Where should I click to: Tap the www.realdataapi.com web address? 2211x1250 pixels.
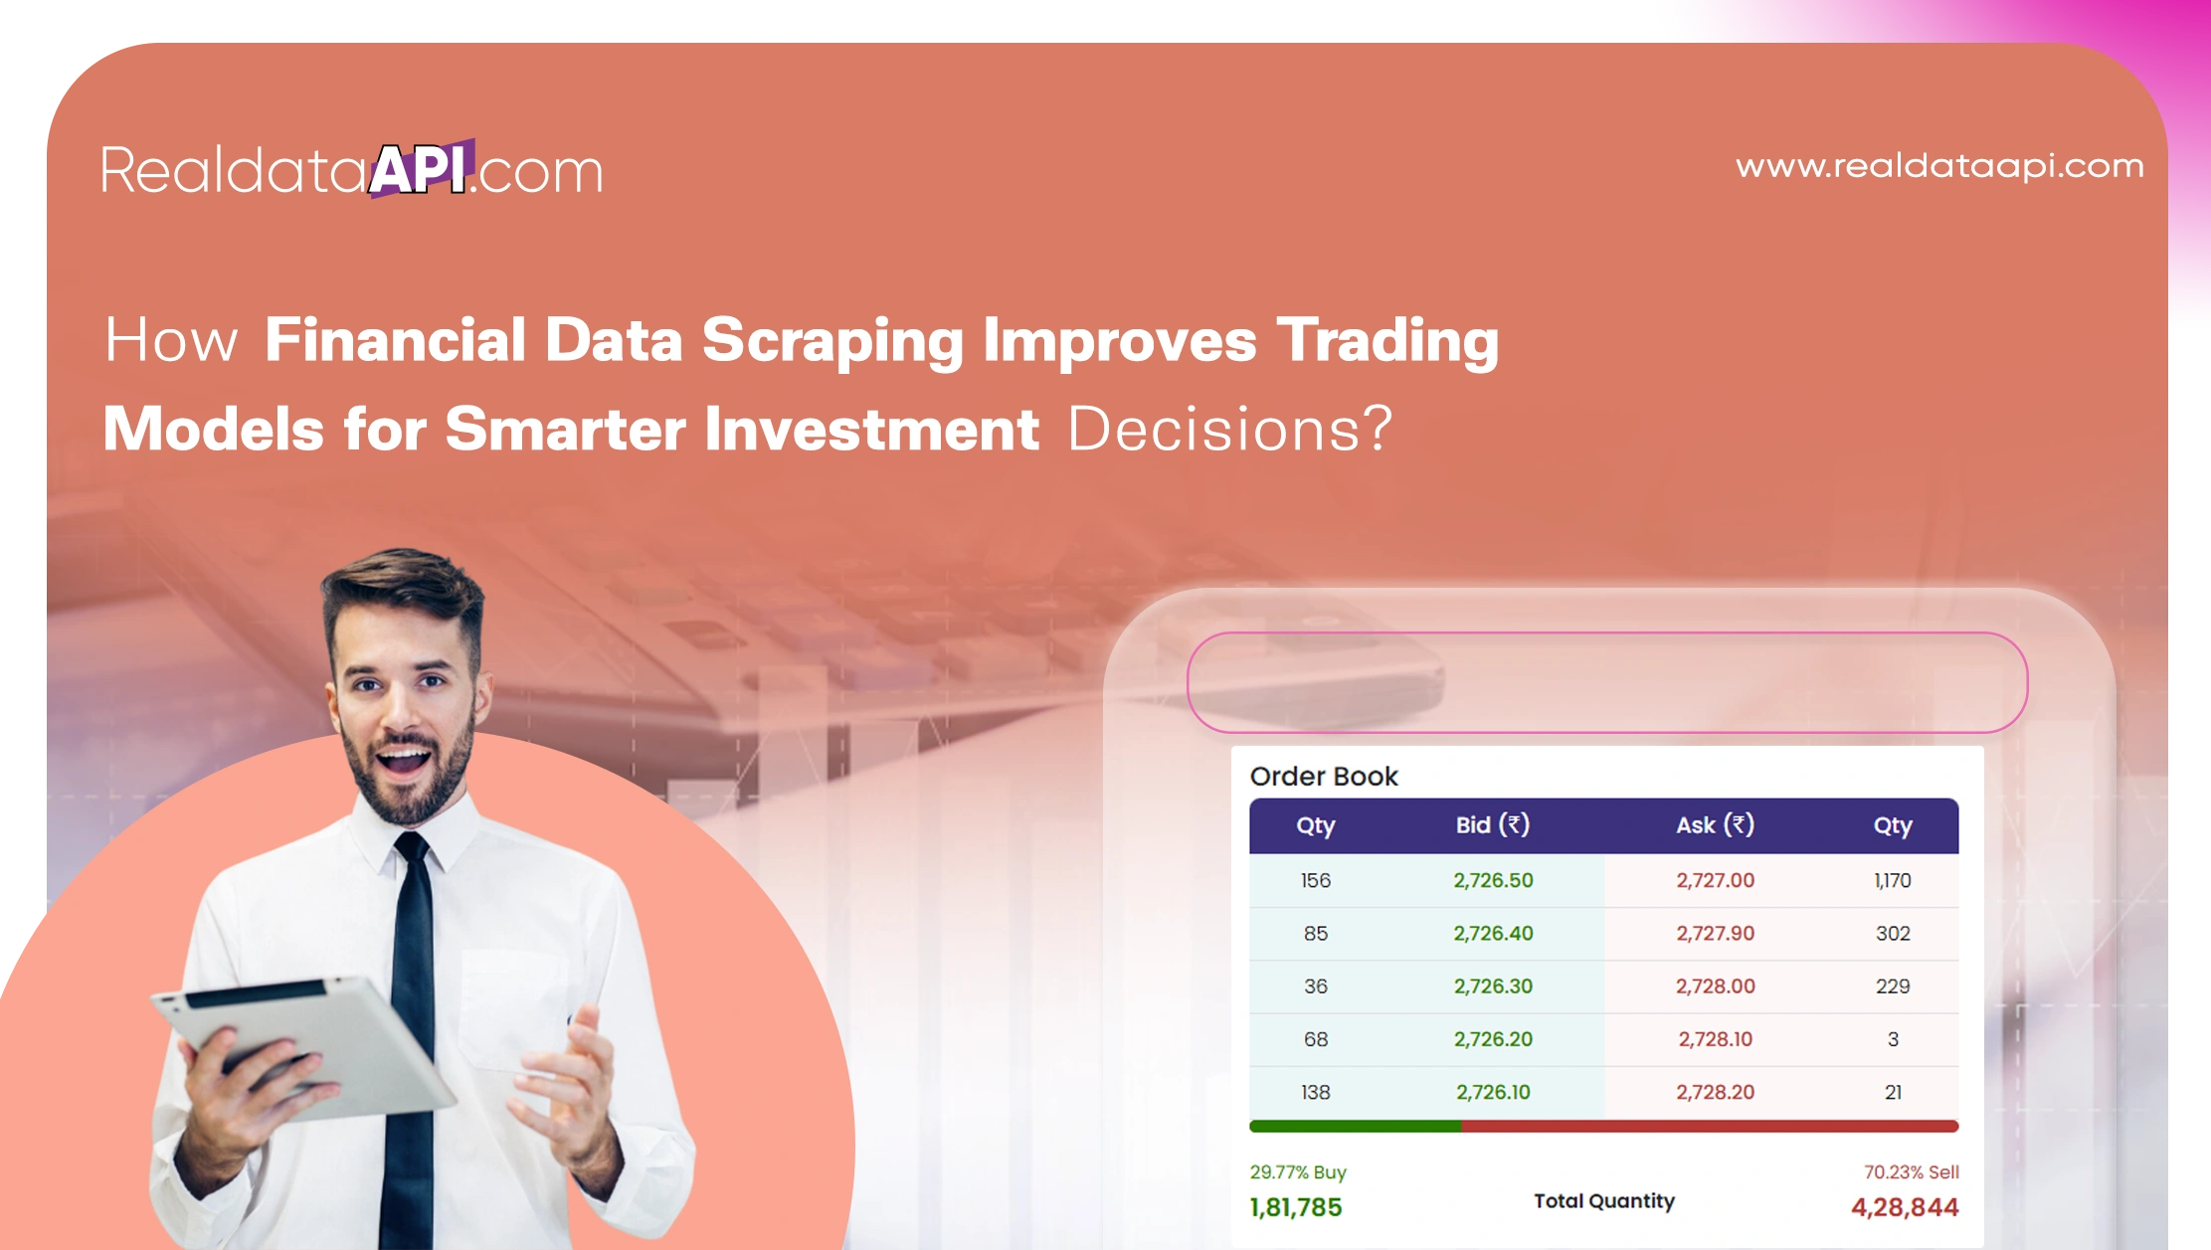pos(1939,166)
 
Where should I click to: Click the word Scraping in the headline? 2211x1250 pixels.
pos(832,340)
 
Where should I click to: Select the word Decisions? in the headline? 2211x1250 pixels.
pos(1229,430)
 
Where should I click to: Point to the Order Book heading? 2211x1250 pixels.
pos(1323,777)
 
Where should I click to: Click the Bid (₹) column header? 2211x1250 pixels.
pos(1492,825)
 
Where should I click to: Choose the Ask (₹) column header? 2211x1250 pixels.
pos(1715,825)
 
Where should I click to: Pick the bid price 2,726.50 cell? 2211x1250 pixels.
pos(1493,880)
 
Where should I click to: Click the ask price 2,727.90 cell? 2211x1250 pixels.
pos(1715,933)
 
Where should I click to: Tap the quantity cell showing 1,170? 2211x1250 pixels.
pos(1892,880)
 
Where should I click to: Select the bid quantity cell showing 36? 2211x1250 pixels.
pos(1315,985)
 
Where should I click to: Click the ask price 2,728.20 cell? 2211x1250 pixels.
pos(1715,1092)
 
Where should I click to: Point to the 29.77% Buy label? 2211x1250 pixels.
pos(1297,1172)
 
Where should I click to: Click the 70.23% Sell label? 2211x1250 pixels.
pos(1911,1172)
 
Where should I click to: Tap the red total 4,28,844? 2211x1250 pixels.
pos(1904,1207)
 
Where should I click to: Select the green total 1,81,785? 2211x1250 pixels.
pos(1296,1207)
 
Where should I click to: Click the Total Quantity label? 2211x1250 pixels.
pos(1603,1201)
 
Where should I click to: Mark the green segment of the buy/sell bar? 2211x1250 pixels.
pos(1355,1127)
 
